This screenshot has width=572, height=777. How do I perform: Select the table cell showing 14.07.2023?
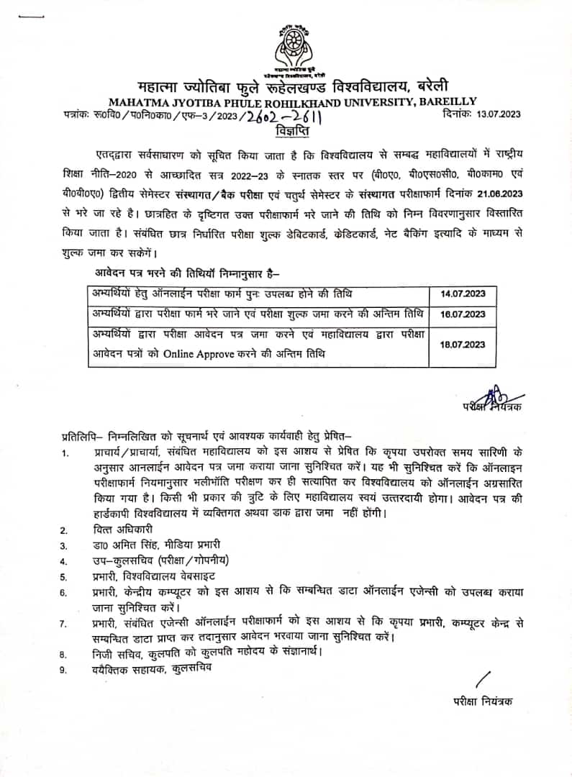pos(463,294)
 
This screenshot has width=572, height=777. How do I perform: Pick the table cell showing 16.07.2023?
pos(463,314)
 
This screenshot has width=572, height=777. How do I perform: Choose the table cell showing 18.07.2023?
pos(463,345)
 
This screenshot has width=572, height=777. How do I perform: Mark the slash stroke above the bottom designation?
pos(483,678)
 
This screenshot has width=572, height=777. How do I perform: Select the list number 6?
pos(63,592)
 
